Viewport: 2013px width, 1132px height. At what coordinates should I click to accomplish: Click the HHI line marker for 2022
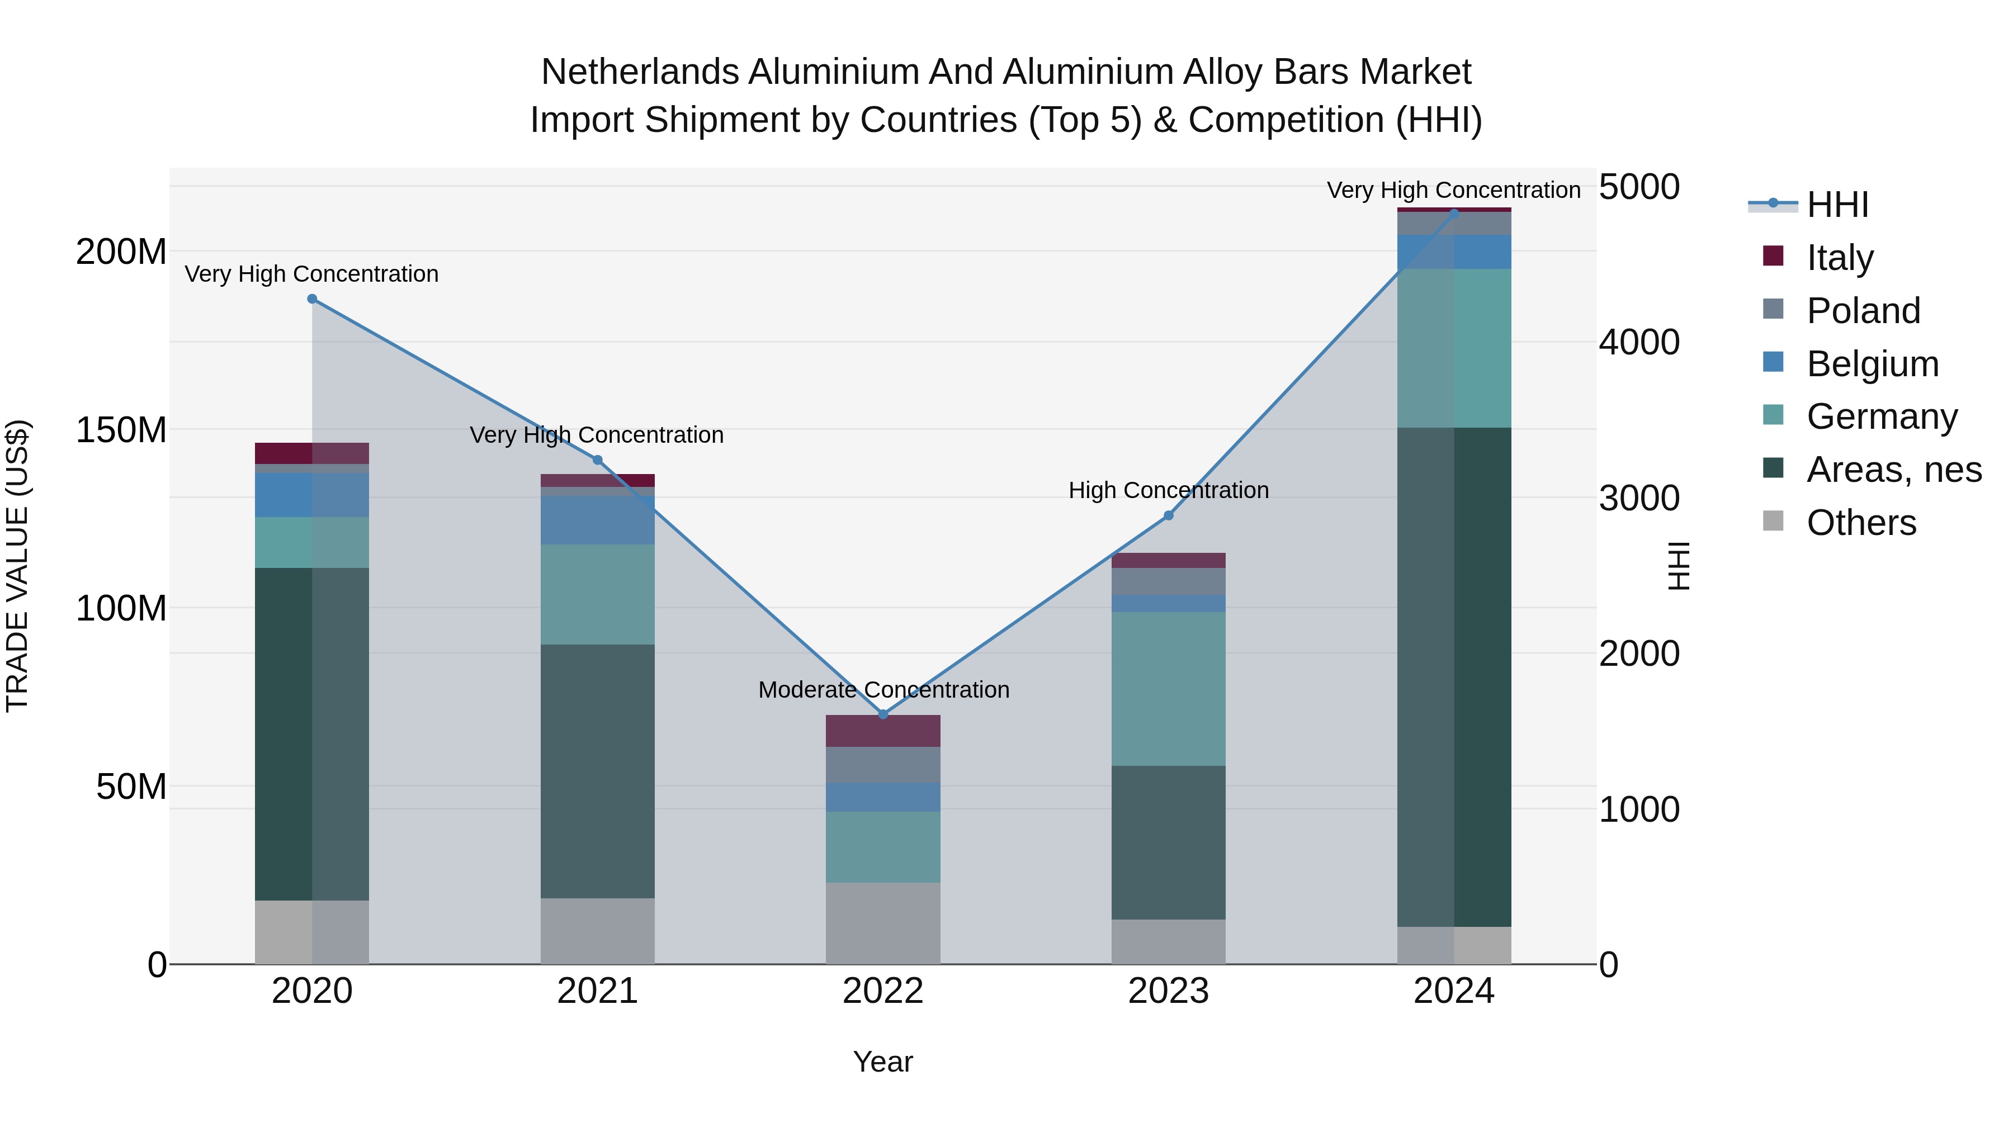[883, 714]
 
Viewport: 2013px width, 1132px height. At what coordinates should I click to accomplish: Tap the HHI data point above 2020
[312, 299]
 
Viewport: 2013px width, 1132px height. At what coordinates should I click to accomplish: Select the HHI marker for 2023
[1168, 515]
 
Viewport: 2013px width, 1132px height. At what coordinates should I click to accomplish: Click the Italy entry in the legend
[1840, 257]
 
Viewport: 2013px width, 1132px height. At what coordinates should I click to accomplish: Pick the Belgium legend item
[1872, 363]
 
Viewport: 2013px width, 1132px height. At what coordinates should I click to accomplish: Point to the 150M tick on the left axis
[121, 430]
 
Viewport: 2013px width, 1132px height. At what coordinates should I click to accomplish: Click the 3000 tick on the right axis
[1639, 499]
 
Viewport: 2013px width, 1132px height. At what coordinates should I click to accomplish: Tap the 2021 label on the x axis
[597, 991]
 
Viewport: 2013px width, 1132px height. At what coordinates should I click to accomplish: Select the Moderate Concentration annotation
[883, 690]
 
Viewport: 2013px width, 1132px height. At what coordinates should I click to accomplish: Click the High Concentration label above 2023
[1168, 491]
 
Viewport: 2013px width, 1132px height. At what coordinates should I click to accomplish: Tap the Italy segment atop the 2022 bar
[883, 731]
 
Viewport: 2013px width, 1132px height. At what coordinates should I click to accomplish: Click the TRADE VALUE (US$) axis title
[17, 566]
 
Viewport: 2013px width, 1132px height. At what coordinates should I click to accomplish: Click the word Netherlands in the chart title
[640, 73]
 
